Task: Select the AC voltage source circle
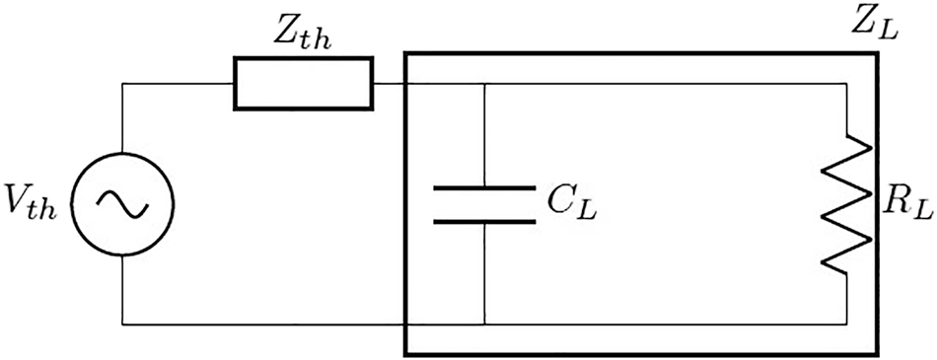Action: [x=121, y=202]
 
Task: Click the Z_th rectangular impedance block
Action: [x=303, y=84]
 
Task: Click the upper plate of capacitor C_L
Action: [x=484, y=186]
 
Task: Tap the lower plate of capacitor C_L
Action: [x=484, y=220]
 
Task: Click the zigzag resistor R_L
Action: [x=848, y=202]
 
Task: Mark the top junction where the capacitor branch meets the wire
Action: [x=484, y=84]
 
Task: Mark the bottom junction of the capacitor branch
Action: [x=484, y=323]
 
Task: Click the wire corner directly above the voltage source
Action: [x=121, y=84]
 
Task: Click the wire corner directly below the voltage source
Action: [x=121, y=323]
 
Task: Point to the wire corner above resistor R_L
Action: [x=848, y=84]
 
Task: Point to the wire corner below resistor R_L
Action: [x=848, y=323]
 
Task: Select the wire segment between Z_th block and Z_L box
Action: [x=390, y=84]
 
